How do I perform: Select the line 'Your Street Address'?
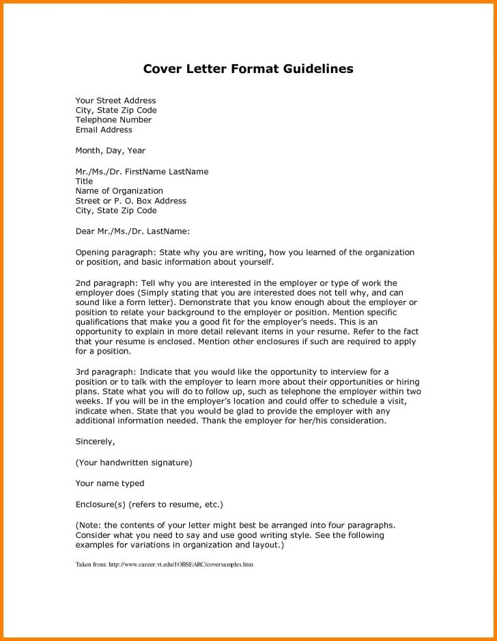115,100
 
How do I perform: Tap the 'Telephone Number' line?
113,119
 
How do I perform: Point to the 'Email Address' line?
104,130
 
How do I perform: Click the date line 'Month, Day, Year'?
110,150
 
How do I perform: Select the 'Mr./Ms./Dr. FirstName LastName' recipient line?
142,171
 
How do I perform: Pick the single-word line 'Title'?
84,182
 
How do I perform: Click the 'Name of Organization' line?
119,191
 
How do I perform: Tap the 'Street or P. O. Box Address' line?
130,201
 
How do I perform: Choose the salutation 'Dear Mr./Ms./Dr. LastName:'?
132,231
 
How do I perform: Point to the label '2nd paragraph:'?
106,283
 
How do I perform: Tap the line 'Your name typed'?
110,483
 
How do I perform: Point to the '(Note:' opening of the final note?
89,525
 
